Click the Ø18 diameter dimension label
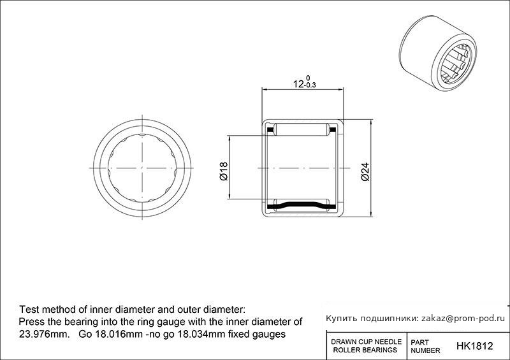pyautogui.click(x=224, y=171)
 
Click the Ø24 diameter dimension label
pyautogui.click(x=365, y=171)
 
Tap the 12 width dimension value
pyautogui.click(x=298, y=84)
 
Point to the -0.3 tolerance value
pyautogui.click(x=310, y=86)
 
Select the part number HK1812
pyautogui.click(x=474, y=346)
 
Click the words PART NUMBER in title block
pyautogui.click(x=425, y=347)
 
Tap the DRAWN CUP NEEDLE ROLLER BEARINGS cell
pyautogui.click(x=366, y=346)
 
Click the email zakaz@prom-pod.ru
pyautogui.click(x=463, y=319)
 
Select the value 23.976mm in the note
pyautogui.click(x=45, y=334)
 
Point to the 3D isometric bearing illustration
pyautogui.click(x=437, y=53)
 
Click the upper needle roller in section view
pyautogui.click(x=302, y=129)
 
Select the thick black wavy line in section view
pyautogui.click(x=302, y=206)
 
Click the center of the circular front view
pyautogui.click(x=142, y=168)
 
